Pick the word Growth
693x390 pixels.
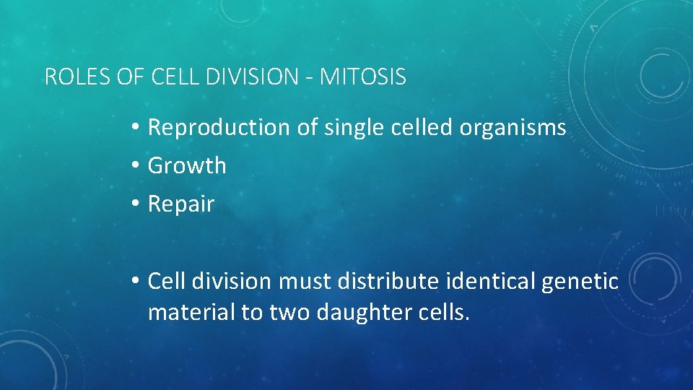point(187,166)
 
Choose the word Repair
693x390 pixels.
point(181,204)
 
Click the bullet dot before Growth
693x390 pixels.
point(136,166)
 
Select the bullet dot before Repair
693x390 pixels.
point(136,204)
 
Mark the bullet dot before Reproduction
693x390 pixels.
point(136,128)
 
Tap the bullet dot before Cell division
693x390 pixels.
point(136,281)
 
